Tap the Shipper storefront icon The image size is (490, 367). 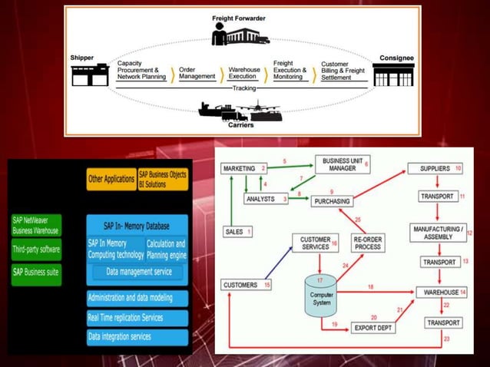[89, 75]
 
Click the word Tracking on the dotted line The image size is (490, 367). [243, 88]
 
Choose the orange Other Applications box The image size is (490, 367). [110, 179]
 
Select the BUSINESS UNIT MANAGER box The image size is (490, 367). [339, 164]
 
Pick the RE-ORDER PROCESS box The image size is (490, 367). [368, 243]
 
